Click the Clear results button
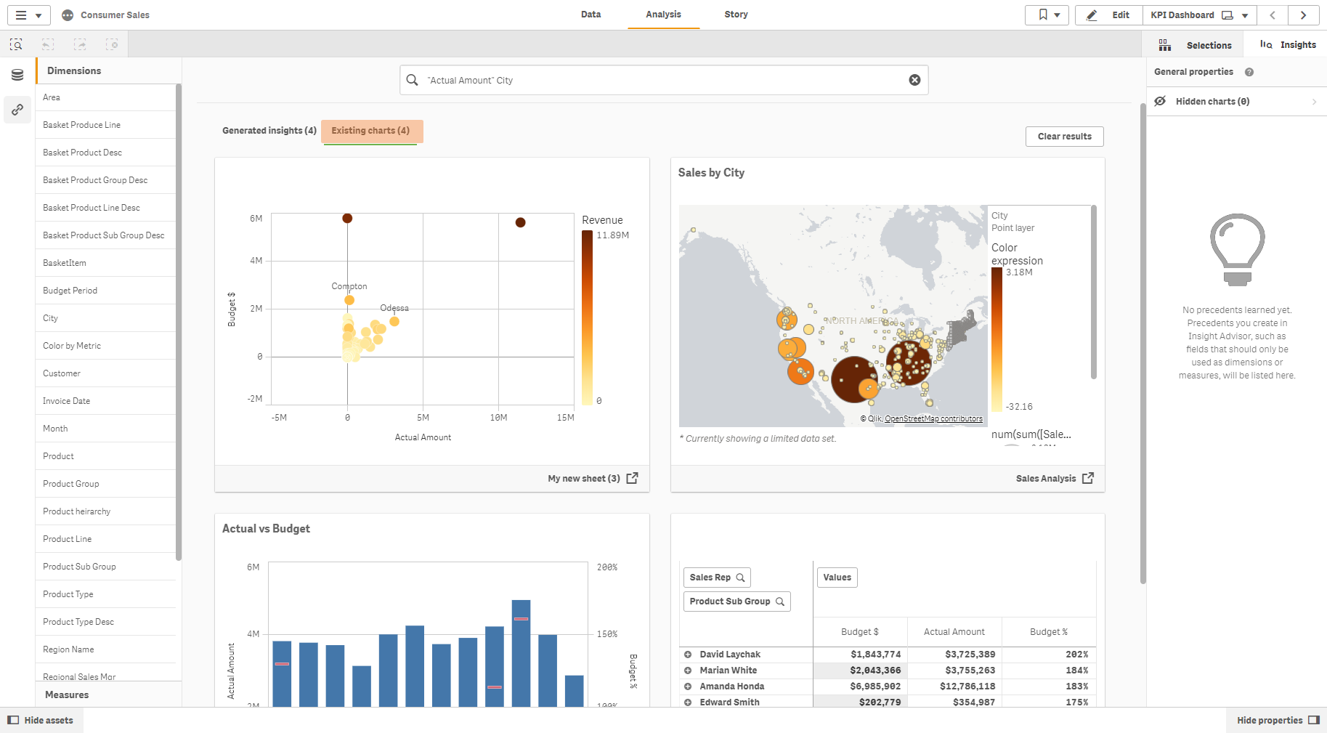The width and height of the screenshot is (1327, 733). tap(1064, 137)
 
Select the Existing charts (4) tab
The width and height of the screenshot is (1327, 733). tap(370, 131)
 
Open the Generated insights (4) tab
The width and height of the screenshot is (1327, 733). tap(269, 131)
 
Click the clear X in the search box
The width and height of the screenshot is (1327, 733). tap(914, 80)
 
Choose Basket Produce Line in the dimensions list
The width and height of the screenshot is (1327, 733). tap(81, 125)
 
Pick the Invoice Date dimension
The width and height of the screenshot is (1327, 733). tap(66, 401)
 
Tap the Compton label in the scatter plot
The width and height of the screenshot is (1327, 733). tap(349, 286)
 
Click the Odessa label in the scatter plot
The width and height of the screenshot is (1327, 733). tap(394, 308)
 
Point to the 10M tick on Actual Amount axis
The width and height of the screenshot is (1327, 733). tap(498, 418)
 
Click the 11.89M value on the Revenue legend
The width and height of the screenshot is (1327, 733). tap(612, 235)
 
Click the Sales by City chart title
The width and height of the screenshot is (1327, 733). tap(711, 173)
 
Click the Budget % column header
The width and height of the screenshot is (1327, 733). tap(1048, 632)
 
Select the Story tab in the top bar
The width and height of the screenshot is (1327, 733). tap(735, 15)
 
